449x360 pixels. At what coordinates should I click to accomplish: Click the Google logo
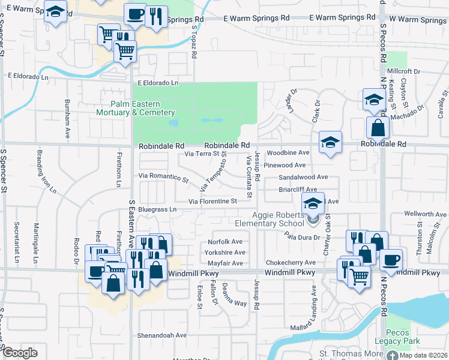[20, 353]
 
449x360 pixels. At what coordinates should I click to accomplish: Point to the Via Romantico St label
[163, 178]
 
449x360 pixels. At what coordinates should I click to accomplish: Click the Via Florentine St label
[213, 202]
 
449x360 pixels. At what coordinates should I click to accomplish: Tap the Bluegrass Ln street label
[157, 210]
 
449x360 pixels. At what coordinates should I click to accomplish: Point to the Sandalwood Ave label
[303, 177]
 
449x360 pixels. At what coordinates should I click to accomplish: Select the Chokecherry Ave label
[291, 263]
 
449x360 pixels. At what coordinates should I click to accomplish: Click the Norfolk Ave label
[225, 242]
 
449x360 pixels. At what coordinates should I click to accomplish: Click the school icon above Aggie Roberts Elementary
[313, 203]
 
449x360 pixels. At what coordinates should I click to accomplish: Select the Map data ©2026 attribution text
[424, 355]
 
